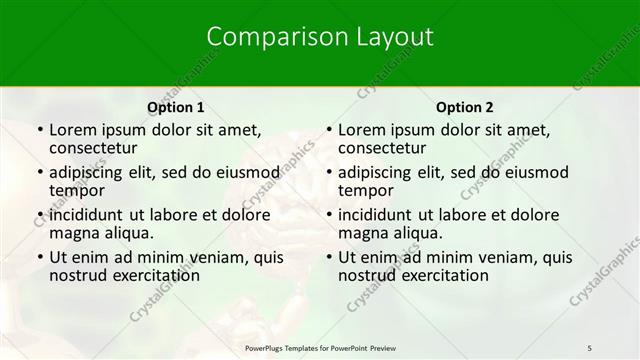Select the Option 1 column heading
coord(175,107)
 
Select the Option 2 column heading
coord(464,107)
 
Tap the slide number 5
coord(590,347)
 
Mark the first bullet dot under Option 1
coord(39,130)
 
